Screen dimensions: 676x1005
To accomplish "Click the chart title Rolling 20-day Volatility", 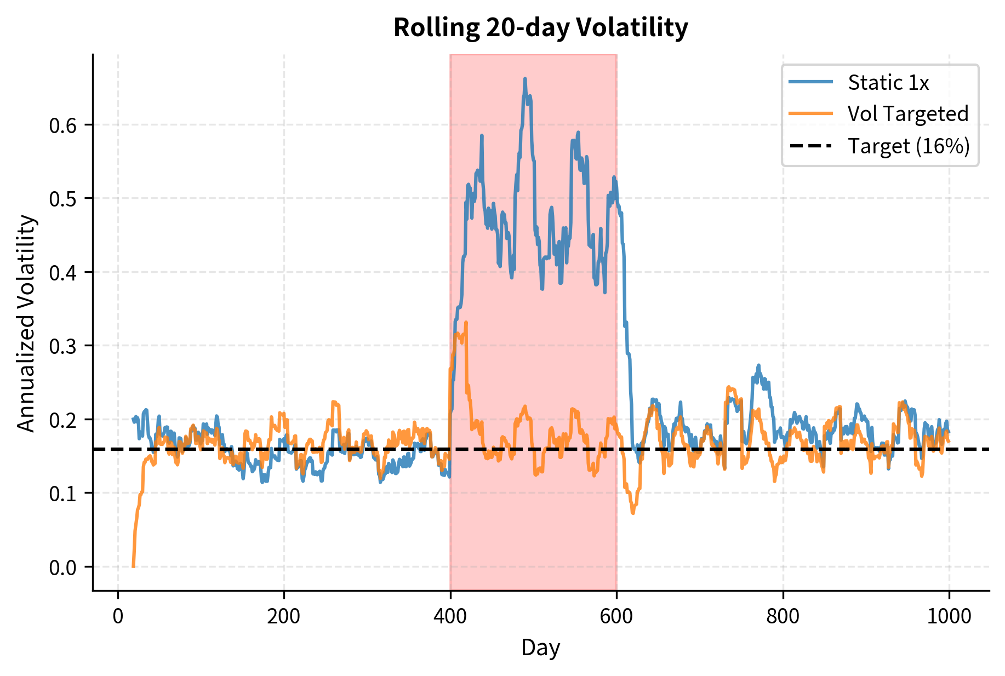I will coord(540,27).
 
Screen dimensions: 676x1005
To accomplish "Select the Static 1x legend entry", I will coord(888,83).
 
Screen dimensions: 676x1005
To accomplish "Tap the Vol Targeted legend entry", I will coord(907,114).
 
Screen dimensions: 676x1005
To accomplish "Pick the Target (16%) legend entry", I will coord(909,146).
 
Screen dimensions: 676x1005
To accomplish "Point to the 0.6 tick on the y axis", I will coord(64,125).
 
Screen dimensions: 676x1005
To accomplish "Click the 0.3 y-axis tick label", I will coord(64,346).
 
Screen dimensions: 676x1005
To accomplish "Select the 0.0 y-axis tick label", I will coord(64,568).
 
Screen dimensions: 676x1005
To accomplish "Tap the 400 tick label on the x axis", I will coord(450,616).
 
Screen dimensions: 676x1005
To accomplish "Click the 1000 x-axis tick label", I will coord(949,616).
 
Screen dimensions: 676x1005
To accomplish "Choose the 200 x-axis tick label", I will coord(284,616).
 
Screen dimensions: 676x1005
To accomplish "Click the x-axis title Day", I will coord(540,648).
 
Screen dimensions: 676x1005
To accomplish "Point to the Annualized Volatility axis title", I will coord(26,323).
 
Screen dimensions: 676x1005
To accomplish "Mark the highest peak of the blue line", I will coord(525,79).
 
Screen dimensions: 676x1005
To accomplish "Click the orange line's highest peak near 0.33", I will coord(466,323).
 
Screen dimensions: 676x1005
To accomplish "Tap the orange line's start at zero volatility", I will coord(133,566).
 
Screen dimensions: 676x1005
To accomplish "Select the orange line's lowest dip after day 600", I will coord(633,513).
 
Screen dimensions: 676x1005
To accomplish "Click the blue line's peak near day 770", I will coord(759,365).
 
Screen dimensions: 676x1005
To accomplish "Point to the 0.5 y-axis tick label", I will coord(64,199).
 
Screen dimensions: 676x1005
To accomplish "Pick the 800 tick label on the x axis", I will coord(783,616).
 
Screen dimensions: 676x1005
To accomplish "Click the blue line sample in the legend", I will coord(811,82).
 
